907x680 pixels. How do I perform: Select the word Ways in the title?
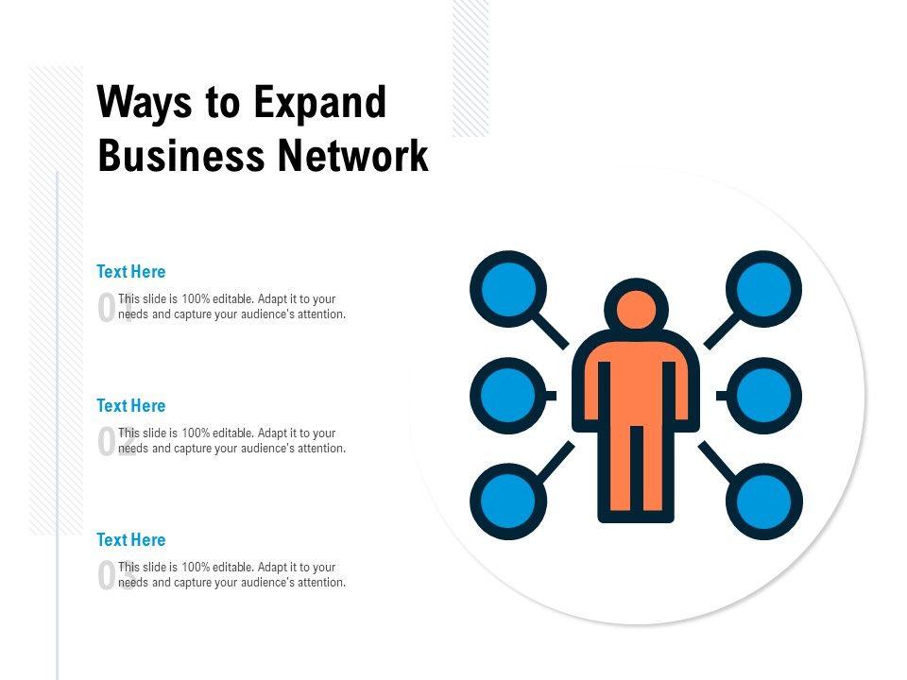[x=145, y=103]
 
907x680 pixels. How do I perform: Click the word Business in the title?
[x=180, y=156]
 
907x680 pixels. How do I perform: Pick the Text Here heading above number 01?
[x=131, y=272]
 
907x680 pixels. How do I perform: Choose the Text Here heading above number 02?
[x=131, y=406]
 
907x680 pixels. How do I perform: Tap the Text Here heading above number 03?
[x=131, y=540]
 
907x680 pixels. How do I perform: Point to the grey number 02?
[x=112, y=442]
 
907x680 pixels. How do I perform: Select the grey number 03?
[x=112, y=576]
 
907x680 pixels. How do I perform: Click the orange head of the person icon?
[x=636, y=310]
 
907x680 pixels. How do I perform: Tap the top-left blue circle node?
[x=508, y=287]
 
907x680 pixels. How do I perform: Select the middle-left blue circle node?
[x=508, y=395]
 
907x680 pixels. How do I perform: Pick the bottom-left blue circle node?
[x=508, y=501]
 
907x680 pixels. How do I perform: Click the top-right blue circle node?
[x=764, y=287]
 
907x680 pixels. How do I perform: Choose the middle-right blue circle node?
[x=764, y=395]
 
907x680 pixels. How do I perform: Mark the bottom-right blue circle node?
[x=764, y=501]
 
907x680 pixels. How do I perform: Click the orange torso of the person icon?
[x=636, y=387]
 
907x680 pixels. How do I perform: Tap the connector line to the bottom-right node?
[x=719, y=460]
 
